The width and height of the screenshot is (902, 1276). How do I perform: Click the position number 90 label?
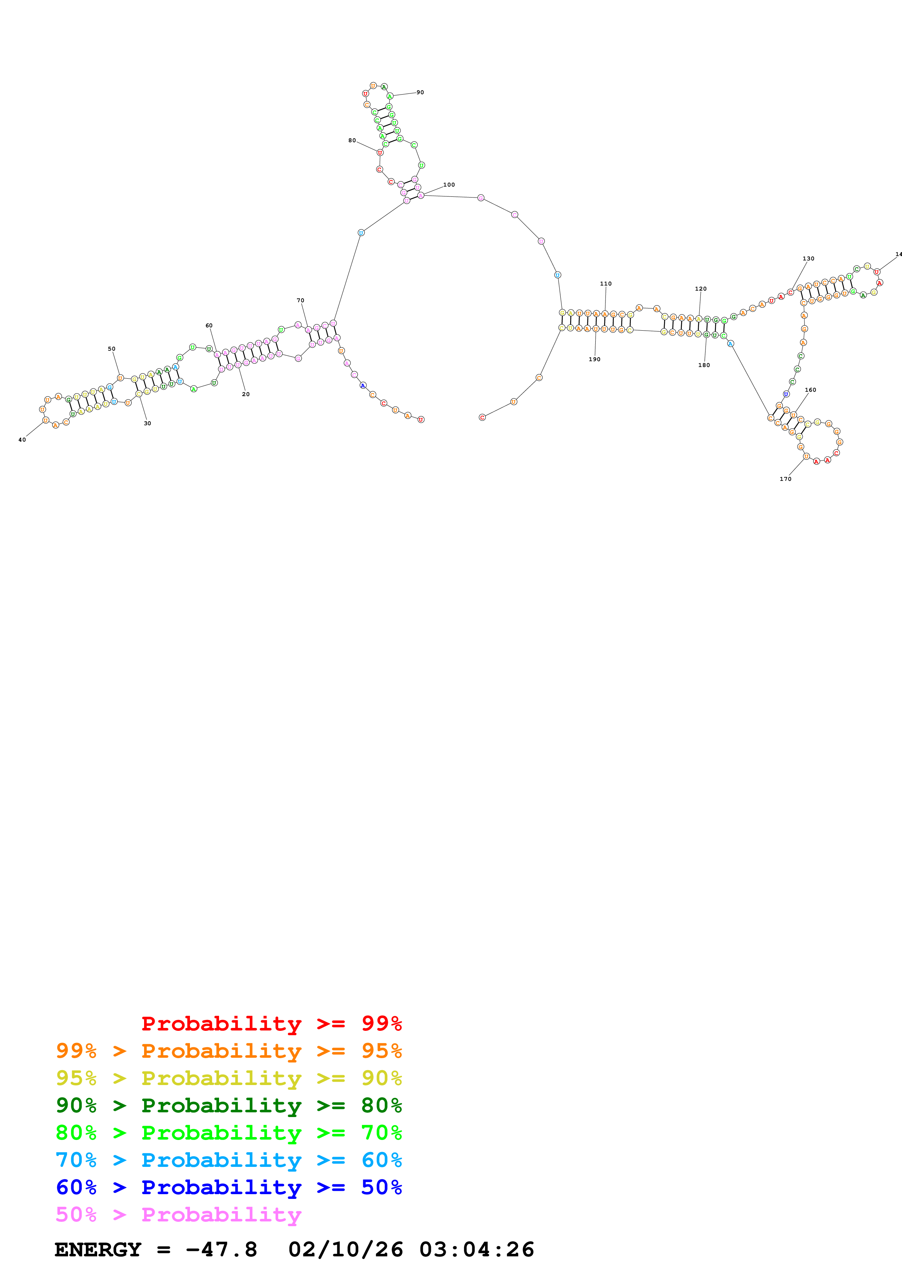[420, 92]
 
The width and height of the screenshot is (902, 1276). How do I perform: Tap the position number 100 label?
[449, 184]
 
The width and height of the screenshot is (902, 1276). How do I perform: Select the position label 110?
[606, 283]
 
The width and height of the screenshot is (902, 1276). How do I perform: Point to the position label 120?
[701, 288]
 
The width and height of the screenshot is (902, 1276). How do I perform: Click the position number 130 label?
[808, 258]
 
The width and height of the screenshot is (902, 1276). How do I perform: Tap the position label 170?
[785, 479]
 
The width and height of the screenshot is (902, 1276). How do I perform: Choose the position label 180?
[704, 365]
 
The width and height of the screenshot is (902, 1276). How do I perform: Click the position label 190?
[595, 359]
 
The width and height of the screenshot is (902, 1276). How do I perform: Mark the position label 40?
[22, 440]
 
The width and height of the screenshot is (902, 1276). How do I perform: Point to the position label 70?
[301, 300]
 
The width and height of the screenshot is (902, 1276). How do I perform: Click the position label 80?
[352, 140]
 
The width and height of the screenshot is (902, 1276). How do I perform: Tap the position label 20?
[246, 394]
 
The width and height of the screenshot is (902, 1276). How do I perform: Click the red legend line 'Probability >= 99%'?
[271, 1023]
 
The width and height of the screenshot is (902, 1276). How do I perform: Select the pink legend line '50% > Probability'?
[178, 1214]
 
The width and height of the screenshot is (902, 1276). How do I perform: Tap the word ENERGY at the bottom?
[98, 1249]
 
